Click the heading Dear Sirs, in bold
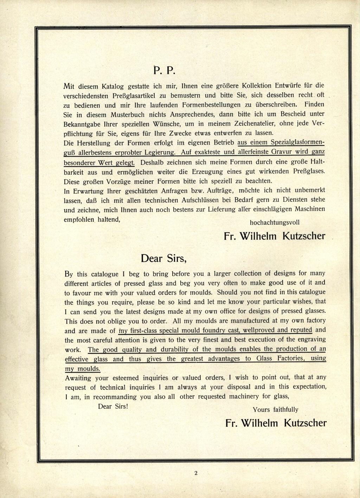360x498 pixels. pyautogui.click(x=163, y=259)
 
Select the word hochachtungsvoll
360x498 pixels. pyautogui.click(x=275, y=222)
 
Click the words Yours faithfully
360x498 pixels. pyautogui.click(x=276, y=409)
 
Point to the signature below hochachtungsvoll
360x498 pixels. pyautogui.click(x=275, y=236)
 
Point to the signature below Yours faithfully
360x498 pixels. pyautogui.click(x=276, y=423)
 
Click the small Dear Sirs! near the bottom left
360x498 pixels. pyautogui.click(x=113, y=406)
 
